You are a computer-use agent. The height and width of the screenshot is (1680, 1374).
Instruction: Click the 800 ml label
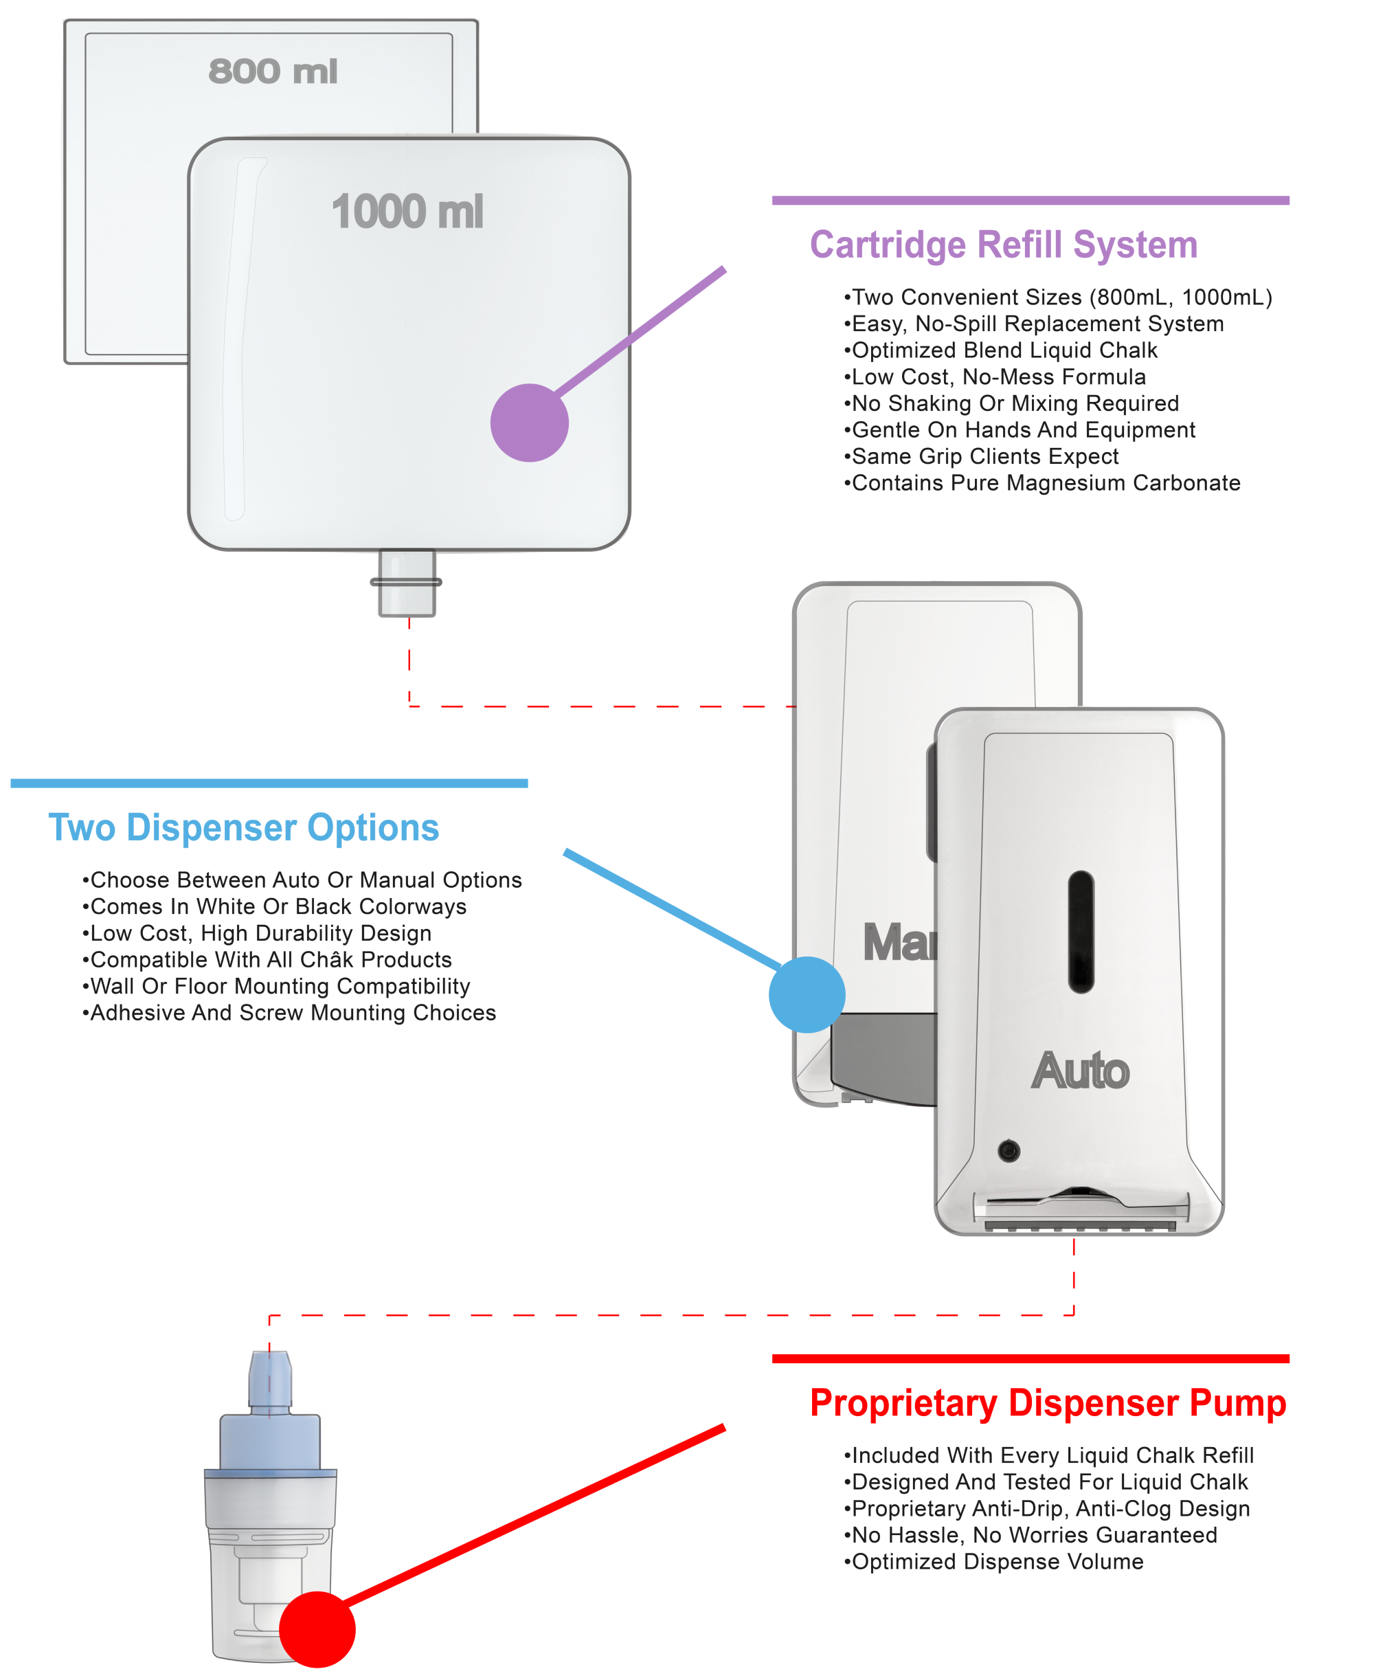tap(273, 71)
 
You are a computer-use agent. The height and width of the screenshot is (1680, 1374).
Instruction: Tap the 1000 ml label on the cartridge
tap(407, 212)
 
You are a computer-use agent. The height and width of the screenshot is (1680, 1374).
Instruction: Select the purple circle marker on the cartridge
tap(530, 423)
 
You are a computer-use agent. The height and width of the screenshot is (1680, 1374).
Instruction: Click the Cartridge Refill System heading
tap(1003, 245)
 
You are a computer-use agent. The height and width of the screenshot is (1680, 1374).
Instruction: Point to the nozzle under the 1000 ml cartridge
tap(406, 583)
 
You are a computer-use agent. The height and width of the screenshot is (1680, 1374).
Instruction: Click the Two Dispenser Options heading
tap(243, 828)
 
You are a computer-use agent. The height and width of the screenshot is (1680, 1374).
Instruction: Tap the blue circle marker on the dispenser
tap(807, 994)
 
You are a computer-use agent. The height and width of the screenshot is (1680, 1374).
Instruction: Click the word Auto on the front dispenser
tap(1081, 1071)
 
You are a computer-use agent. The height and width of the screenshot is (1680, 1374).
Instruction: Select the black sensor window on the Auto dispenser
tap(1081, 931)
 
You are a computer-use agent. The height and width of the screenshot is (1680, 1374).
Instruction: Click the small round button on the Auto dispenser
tap(1009, 1150)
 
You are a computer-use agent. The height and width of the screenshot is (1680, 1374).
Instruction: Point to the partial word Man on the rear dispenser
tap(899, 943)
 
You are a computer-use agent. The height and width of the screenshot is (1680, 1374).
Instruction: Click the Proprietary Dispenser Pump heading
tap(1048, 1404)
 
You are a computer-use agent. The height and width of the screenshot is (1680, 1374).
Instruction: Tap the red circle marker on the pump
tap(317, 1629)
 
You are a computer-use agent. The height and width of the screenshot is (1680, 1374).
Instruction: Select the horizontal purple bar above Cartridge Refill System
tap(1030, 201)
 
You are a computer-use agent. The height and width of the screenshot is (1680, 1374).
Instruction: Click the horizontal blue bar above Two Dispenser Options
tap(269, 783)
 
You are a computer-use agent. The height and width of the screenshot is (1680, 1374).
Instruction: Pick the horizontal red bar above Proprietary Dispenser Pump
tap(1030, 1358)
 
